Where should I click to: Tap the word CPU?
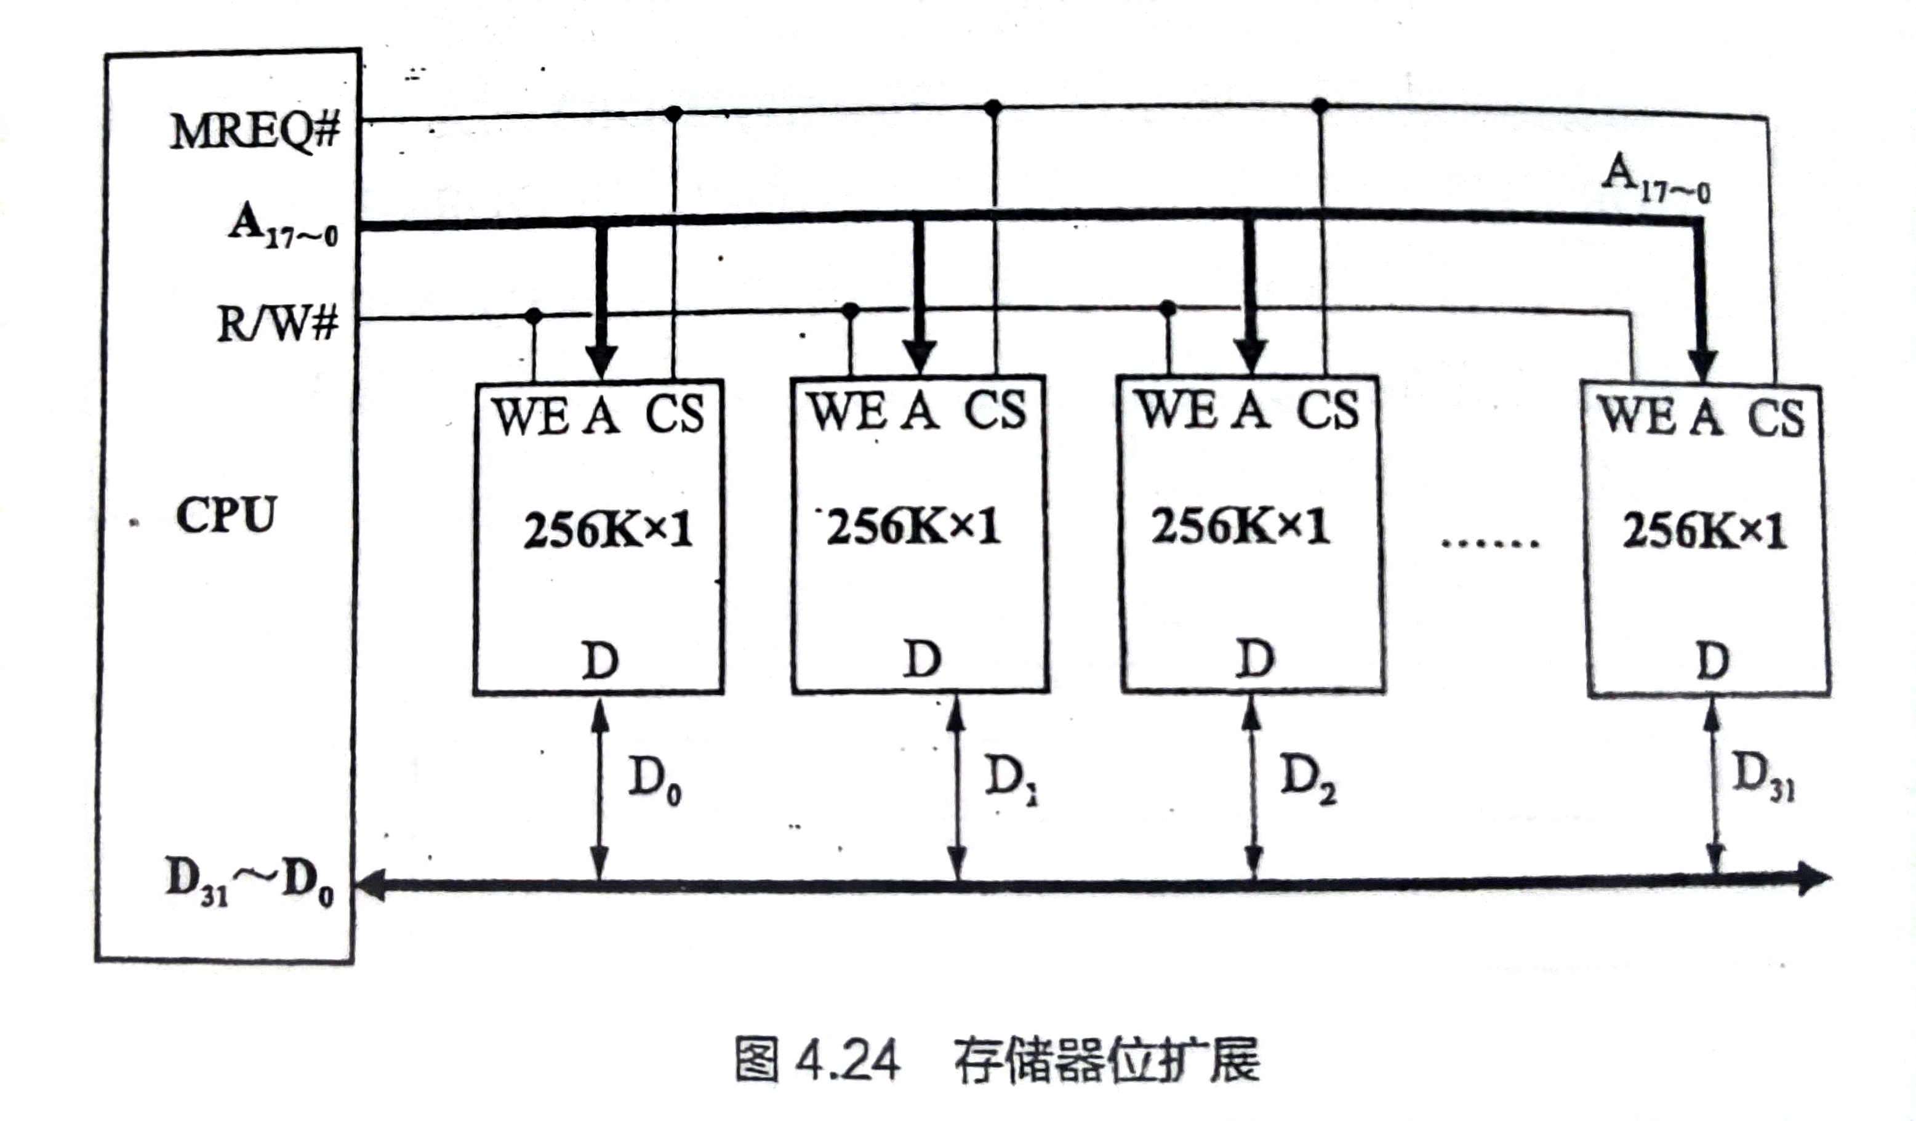click(x=226, y=516)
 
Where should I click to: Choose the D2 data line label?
click(x=1308, y=779)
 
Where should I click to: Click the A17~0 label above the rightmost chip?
click(x=1655, y=178)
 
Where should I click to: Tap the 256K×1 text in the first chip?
click(x=607, y=529)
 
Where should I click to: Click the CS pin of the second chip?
click(x=995, y=411)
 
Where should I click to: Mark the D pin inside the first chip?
click(x=600, y=660)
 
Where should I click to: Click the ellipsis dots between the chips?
click(x=1489, y=543)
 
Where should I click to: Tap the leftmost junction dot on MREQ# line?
click(x=673, y=114)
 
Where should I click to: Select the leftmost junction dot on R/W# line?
click(x=534, y=315)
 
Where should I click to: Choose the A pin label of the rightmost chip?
click(x=1707, y=417)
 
